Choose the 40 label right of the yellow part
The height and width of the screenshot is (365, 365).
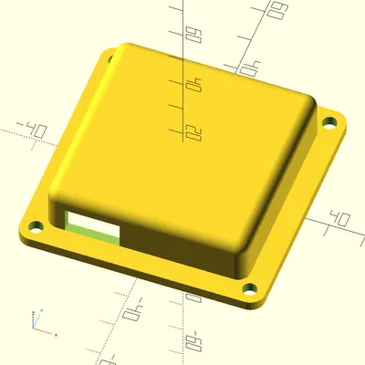coord(340,220)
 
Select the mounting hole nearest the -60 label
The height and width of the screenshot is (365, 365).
coord(247,291)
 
